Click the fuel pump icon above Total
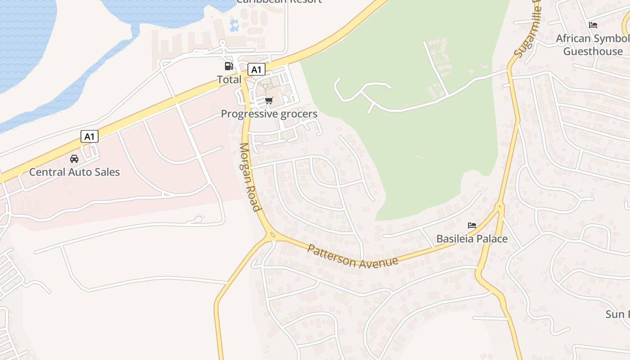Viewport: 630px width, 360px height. [229, 66]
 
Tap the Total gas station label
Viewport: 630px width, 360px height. [229, 80]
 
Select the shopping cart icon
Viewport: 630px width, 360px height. [269, 101]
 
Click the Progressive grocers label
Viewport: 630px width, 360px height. [269, 114]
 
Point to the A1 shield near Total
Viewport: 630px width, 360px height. [256, 70]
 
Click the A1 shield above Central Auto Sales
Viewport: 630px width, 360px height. [90, 136]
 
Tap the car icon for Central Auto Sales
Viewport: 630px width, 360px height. [74, 158]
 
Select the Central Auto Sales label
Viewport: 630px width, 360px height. [74, 172]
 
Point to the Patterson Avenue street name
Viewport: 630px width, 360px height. [353, 256]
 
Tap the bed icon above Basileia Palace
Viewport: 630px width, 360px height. [472, 225]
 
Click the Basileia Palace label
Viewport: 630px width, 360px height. [472, 238]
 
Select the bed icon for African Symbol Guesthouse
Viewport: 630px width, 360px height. [593, 25]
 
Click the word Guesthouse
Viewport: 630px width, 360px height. [593, 51]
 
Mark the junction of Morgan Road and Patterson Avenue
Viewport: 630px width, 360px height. [272, 235]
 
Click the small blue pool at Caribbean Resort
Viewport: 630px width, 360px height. [234, 26]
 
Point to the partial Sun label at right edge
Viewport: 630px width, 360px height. [617, 314]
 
